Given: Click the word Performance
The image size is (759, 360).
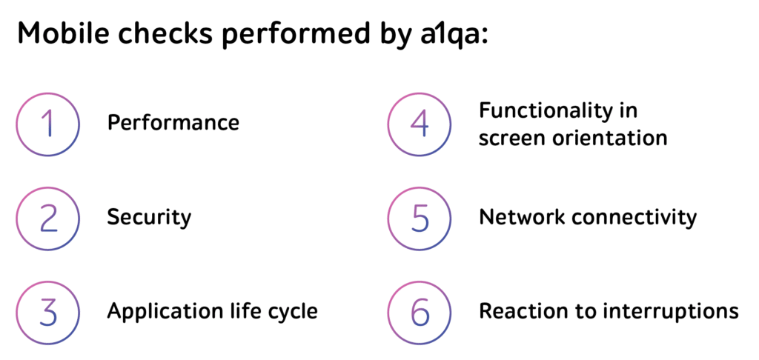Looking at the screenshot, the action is pos(173,123).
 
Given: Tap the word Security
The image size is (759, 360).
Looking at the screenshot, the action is pos(149,218).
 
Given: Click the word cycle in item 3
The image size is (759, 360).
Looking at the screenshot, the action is pos(298,312).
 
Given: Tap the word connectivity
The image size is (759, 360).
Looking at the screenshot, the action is pos(634,218).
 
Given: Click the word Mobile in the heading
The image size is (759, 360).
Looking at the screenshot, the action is pos(62,33).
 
